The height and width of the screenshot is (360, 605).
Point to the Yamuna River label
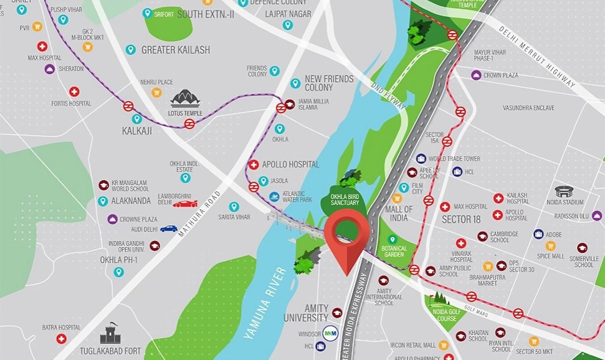(267, 302)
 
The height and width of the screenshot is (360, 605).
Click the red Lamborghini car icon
(185, 204)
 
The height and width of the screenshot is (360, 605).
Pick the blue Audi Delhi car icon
(168, 229)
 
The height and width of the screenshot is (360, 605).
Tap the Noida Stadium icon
(563, 191)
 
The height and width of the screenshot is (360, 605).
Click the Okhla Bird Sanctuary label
(344, 199)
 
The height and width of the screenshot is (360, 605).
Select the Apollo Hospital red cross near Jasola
(254, 165)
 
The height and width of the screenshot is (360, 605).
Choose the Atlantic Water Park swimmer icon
(274, 197)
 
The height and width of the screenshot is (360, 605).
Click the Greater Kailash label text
(176, 50)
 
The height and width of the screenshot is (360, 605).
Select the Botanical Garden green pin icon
(392, 240)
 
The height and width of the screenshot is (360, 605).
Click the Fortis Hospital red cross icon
(74, 92)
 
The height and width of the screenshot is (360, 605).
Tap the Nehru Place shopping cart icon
(156, 92)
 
